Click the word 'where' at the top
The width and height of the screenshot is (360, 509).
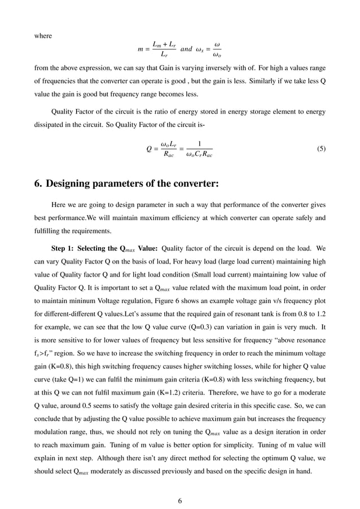click(x=43, y=36)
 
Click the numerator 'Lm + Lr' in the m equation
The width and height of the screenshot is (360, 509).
click(x=164, y=44)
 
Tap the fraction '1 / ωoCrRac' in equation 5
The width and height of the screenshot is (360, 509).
click(x=199, y=150)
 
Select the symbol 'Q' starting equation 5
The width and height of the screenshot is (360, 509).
click(x=149, y=150)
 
